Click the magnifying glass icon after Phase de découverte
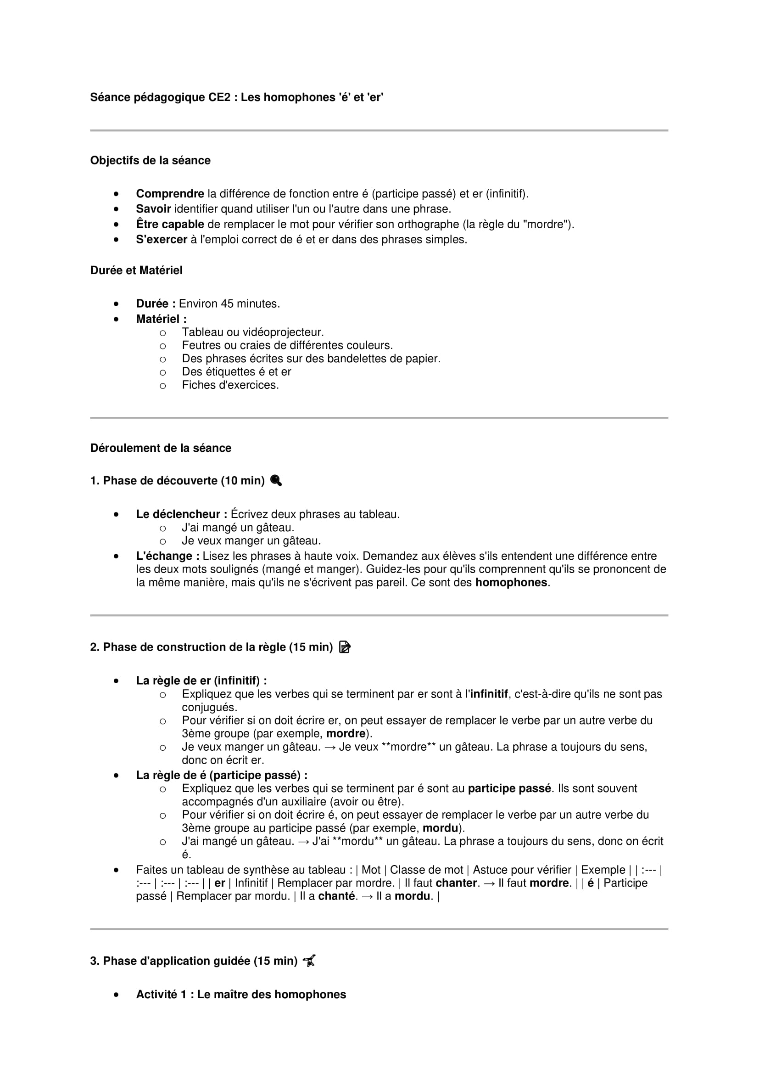(x=276, y=480)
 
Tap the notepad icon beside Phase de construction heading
(x=345, y=647)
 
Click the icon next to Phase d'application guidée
(x=309, y=961)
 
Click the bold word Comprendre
(x=170, y=194)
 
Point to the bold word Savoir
(x=153, y=208)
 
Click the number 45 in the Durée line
(x=227, y=304)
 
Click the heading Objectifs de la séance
(x=150, y=160)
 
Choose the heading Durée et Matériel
(x=136, y=270)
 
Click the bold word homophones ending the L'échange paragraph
(x=511, y=582)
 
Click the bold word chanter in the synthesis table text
(x=456, y=883)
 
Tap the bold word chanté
(x=337, y=896)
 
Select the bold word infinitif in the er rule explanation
(x=489, y=694)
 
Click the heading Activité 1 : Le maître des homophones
(x=241, y=995)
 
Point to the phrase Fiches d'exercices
(x=230, y=385)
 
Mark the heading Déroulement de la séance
(x=161, y=448)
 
